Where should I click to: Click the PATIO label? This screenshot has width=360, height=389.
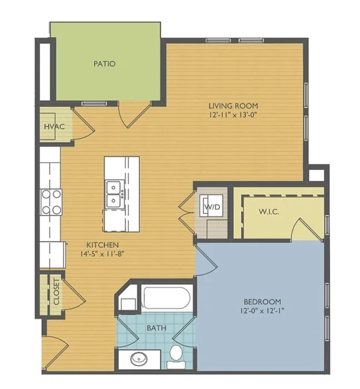[104, 64]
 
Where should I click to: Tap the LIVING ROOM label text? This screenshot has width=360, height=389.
[233, 106]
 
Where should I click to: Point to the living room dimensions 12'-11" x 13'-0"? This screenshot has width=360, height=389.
[232, 115]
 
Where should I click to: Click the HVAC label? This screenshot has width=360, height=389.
[54, 127]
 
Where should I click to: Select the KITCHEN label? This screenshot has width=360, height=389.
[103, 245]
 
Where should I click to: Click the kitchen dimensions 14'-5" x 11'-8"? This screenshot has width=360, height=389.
[102, 254]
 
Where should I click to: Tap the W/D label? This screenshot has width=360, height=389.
[212, 207]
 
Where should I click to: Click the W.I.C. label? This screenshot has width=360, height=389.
[269, 211]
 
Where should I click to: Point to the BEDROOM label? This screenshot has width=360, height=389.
[262, 302]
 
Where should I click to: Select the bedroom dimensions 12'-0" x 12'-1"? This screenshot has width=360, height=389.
[262, 310]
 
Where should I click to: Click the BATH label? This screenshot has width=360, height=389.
[157, 328]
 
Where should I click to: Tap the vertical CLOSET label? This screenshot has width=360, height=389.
[56, 292]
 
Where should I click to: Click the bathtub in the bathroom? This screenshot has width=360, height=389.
[167, 297]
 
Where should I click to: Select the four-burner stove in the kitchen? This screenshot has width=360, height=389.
[51, 202]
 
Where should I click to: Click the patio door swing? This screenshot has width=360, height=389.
[134, 115]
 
